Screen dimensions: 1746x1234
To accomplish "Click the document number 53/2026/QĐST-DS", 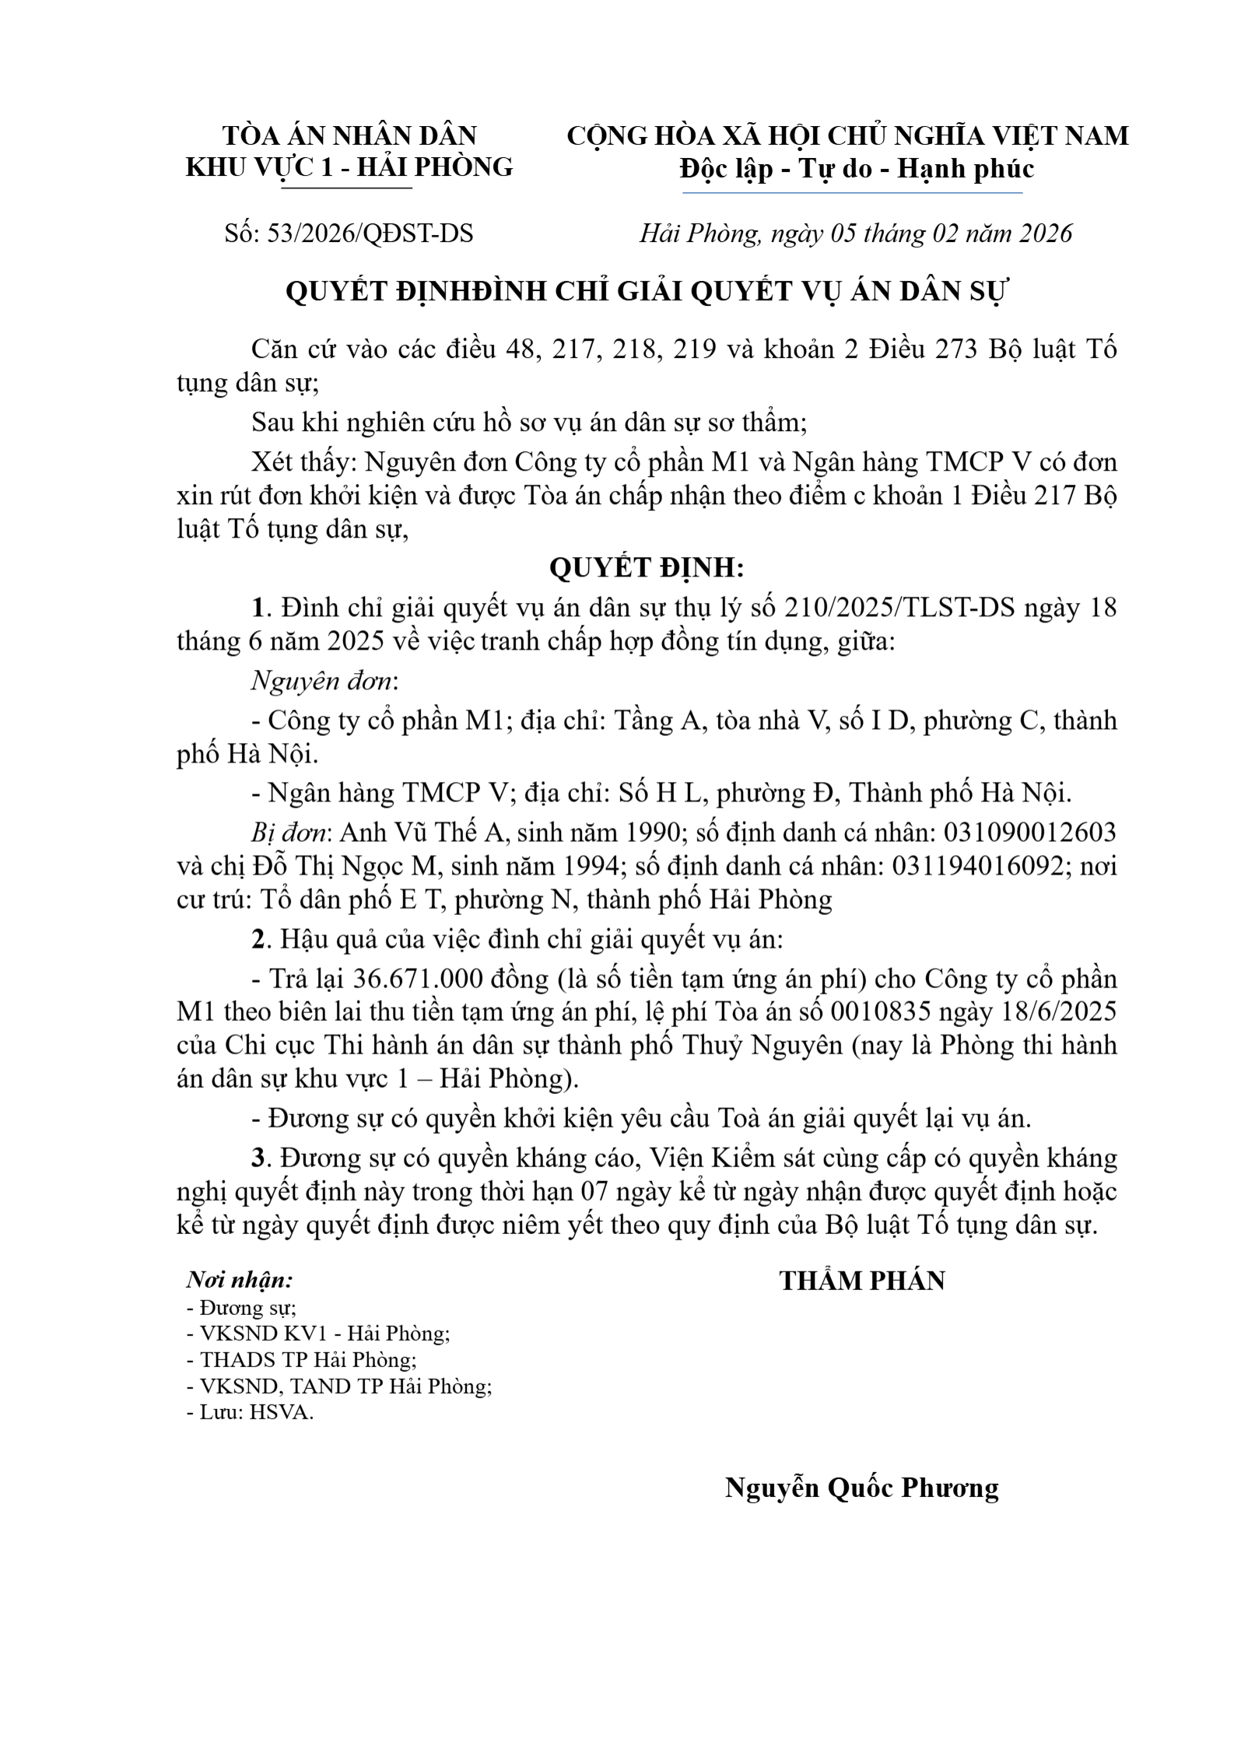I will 370,233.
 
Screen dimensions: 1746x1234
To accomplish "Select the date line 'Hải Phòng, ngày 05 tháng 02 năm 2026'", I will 855,233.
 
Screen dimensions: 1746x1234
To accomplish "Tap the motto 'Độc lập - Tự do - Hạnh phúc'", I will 857,168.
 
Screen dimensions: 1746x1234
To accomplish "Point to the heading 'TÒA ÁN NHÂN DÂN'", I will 349,135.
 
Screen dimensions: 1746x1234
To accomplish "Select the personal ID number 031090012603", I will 1029,833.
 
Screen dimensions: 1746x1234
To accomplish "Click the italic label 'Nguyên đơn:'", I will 324,681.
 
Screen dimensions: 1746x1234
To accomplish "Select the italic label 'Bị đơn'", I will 288,833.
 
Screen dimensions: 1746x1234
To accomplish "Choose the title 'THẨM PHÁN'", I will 862,1281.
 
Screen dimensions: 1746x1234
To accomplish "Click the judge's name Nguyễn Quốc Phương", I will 861,1488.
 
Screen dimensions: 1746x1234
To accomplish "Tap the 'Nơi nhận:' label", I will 240,1280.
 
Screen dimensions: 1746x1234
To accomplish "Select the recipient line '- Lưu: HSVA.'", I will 250,1412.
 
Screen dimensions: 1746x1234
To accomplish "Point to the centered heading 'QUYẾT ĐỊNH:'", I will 647,568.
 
